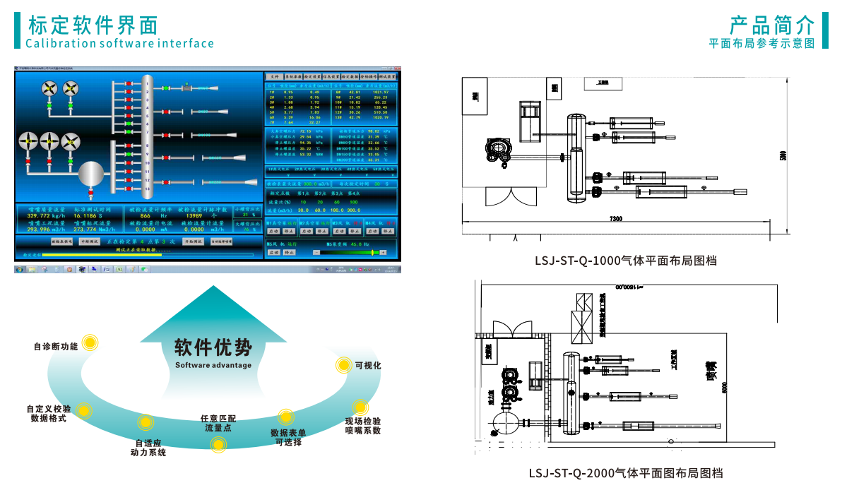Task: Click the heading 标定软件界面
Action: tap(93, 25)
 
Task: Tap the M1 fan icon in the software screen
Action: tap(49, 88)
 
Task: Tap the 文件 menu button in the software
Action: tap(274, 76)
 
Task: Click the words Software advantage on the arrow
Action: tap(213, 365)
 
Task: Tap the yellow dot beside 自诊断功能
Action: tap(90, 343)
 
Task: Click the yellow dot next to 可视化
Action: tap(343, 364)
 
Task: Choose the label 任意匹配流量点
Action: tap(218, 423)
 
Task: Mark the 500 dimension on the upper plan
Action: tap(782, 155)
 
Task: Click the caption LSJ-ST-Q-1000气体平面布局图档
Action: tap(626, 261)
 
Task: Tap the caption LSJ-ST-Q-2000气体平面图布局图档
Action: tap(626, 473)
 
